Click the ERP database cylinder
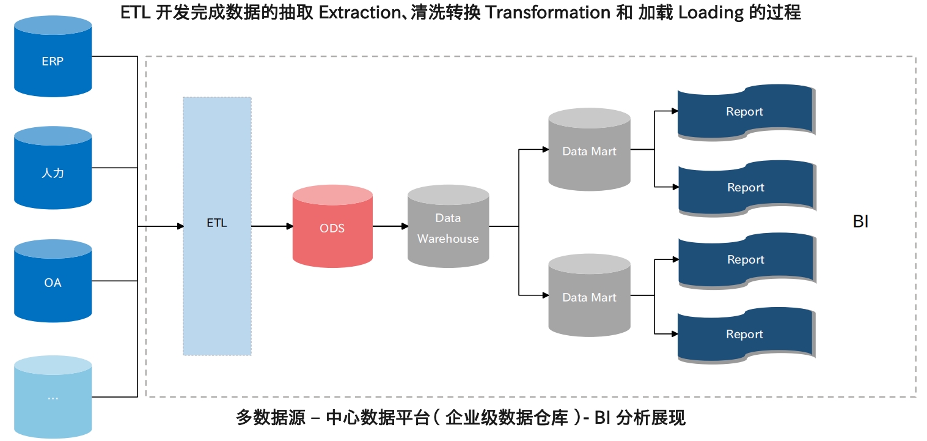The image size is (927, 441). pyautogui.click(x=53, y=56)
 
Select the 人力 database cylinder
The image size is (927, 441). pyautogui.click(x=53, y=168)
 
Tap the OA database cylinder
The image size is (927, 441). pyautogui.click(x=53, y=281)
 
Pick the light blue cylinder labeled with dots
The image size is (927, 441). pyautogui.click(x=53, y=397)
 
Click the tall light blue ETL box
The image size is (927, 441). pyautogui.click(x=218, y=226)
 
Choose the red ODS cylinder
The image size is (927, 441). pyautogui.click(x=332, y=226)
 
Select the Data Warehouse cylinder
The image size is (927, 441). pyautogui.click(x=448, y=226)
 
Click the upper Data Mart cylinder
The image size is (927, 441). pyautogui.click(x=589, y=149)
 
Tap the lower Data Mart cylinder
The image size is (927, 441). pyautogui.click(x=589, y=295)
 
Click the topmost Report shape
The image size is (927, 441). pyautogui.click(x=746, y=112)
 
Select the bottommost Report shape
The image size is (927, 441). pyautogui.click(x=746, y=335)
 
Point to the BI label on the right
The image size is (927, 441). pyautogui.click(x=861, y=221)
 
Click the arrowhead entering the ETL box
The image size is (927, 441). pyautogui.click(x=180, y=226)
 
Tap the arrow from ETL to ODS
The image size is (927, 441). pyautogui.click(x=273, y=226)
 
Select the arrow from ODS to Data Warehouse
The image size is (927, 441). pyautogui.click(x=390, y=226)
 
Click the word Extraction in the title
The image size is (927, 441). pyautogui.click(x=360, y=12)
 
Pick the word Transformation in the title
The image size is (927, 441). pyautogui.click(x=548, y=12)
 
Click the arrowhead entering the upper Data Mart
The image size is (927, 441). pyautogui.click(x=546, y=149)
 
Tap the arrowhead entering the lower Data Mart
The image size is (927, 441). pyautogui.click(x=546, y=295)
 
